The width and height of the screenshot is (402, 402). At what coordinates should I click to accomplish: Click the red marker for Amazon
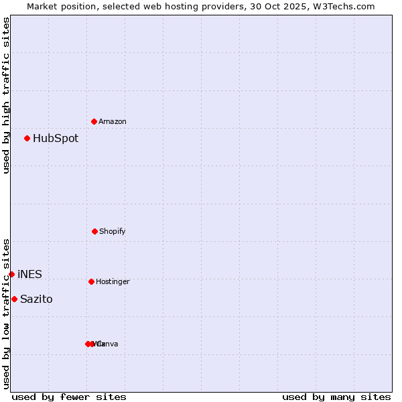(94, 121)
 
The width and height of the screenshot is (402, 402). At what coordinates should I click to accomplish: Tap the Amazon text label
(113, 121)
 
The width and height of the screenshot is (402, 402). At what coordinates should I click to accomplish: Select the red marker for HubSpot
(27, 138)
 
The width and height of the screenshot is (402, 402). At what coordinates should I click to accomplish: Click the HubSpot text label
(56, 139)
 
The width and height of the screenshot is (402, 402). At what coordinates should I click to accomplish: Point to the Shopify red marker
(94, 231)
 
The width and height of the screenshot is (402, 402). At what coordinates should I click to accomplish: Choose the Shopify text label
(113, 231)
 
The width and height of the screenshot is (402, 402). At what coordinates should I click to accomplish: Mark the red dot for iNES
(11, 274)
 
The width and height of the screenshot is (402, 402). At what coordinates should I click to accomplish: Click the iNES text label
(29, 275)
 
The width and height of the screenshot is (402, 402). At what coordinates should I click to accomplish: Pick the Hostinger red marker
(91, 281)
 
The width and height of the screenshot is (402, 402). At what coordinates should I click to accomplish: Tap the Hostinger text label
(113, 281)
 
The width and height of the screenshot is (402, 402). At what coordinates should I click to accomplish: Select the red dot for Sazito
(14, 299)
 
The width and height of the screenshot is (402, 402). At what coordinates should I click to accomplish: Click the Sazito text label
(36, 299)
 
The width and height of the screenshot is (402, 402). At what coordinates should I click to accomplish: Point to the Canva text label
(107, 344)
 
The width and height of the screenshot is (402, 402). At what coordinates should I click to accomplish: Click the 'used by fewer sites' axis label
(69, 397)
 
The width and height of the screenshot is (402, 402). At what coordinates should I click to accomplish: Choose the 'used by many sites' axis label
(336, 397)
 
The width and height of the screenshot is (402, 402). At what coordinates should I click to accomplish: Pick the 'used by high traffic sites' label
(6, 95)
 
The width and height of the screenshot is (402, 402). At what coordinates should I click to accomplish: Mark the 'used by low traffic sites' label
(6, 314)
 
